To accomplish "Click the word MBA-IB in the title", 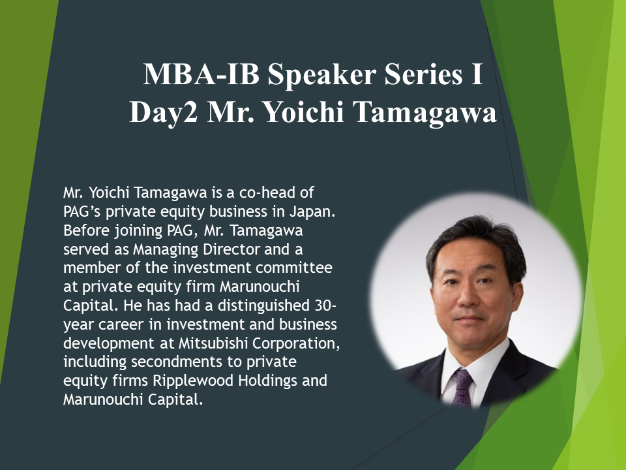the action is [x=201, y=74].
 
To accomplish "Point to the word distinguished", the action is [x=263, y=305].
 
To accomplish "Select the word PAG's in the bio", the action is [x=82, y=211].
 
